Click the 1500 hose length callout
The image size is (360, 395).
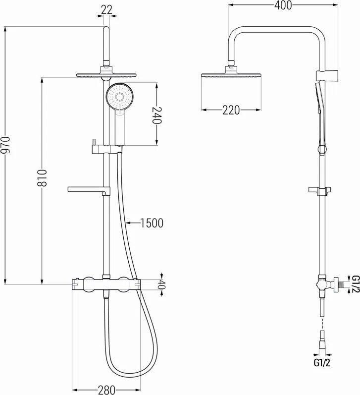pyautogui.click(x=151, y=223)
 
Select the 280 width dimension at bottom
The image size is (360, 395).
pyautogui.click(x=105, y=390)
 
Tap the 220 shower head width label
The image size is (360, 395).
pyautogui.click(x=231, y=110)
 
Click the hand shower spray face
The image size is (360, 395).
pyautogui.click(x=119, y=96)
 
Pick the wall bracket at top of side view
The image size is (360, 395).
pyautogui.click(x=327, y=75)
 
